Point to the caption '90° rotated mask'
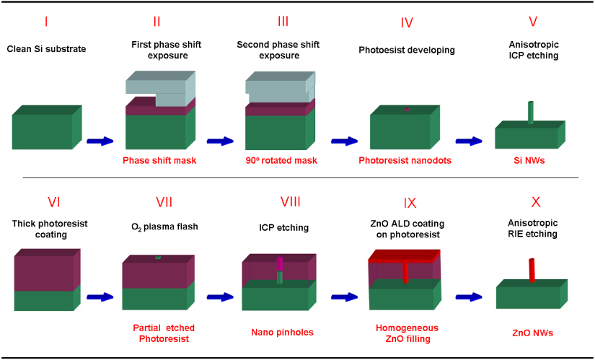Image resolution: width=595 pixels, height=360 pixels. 277,159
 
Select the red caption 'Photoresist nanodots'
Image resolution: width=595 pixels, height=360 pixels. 405,159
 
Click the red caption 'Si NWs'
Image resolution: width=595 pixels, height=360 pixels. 530,159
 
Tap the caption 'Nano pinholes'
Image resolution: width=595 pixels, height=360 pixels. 281,333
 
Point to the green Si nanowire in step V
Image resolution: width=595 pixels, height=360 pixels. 531,113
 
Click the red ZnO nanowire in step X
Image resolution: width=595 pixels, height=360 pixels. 532,271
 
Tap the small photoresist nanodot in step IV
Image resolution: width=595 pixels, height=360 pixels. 407,110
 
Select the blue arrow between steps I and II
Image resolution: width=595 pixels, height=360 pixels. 100,141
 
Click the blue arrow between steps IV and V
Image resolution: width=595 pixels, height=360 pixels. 471,141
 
